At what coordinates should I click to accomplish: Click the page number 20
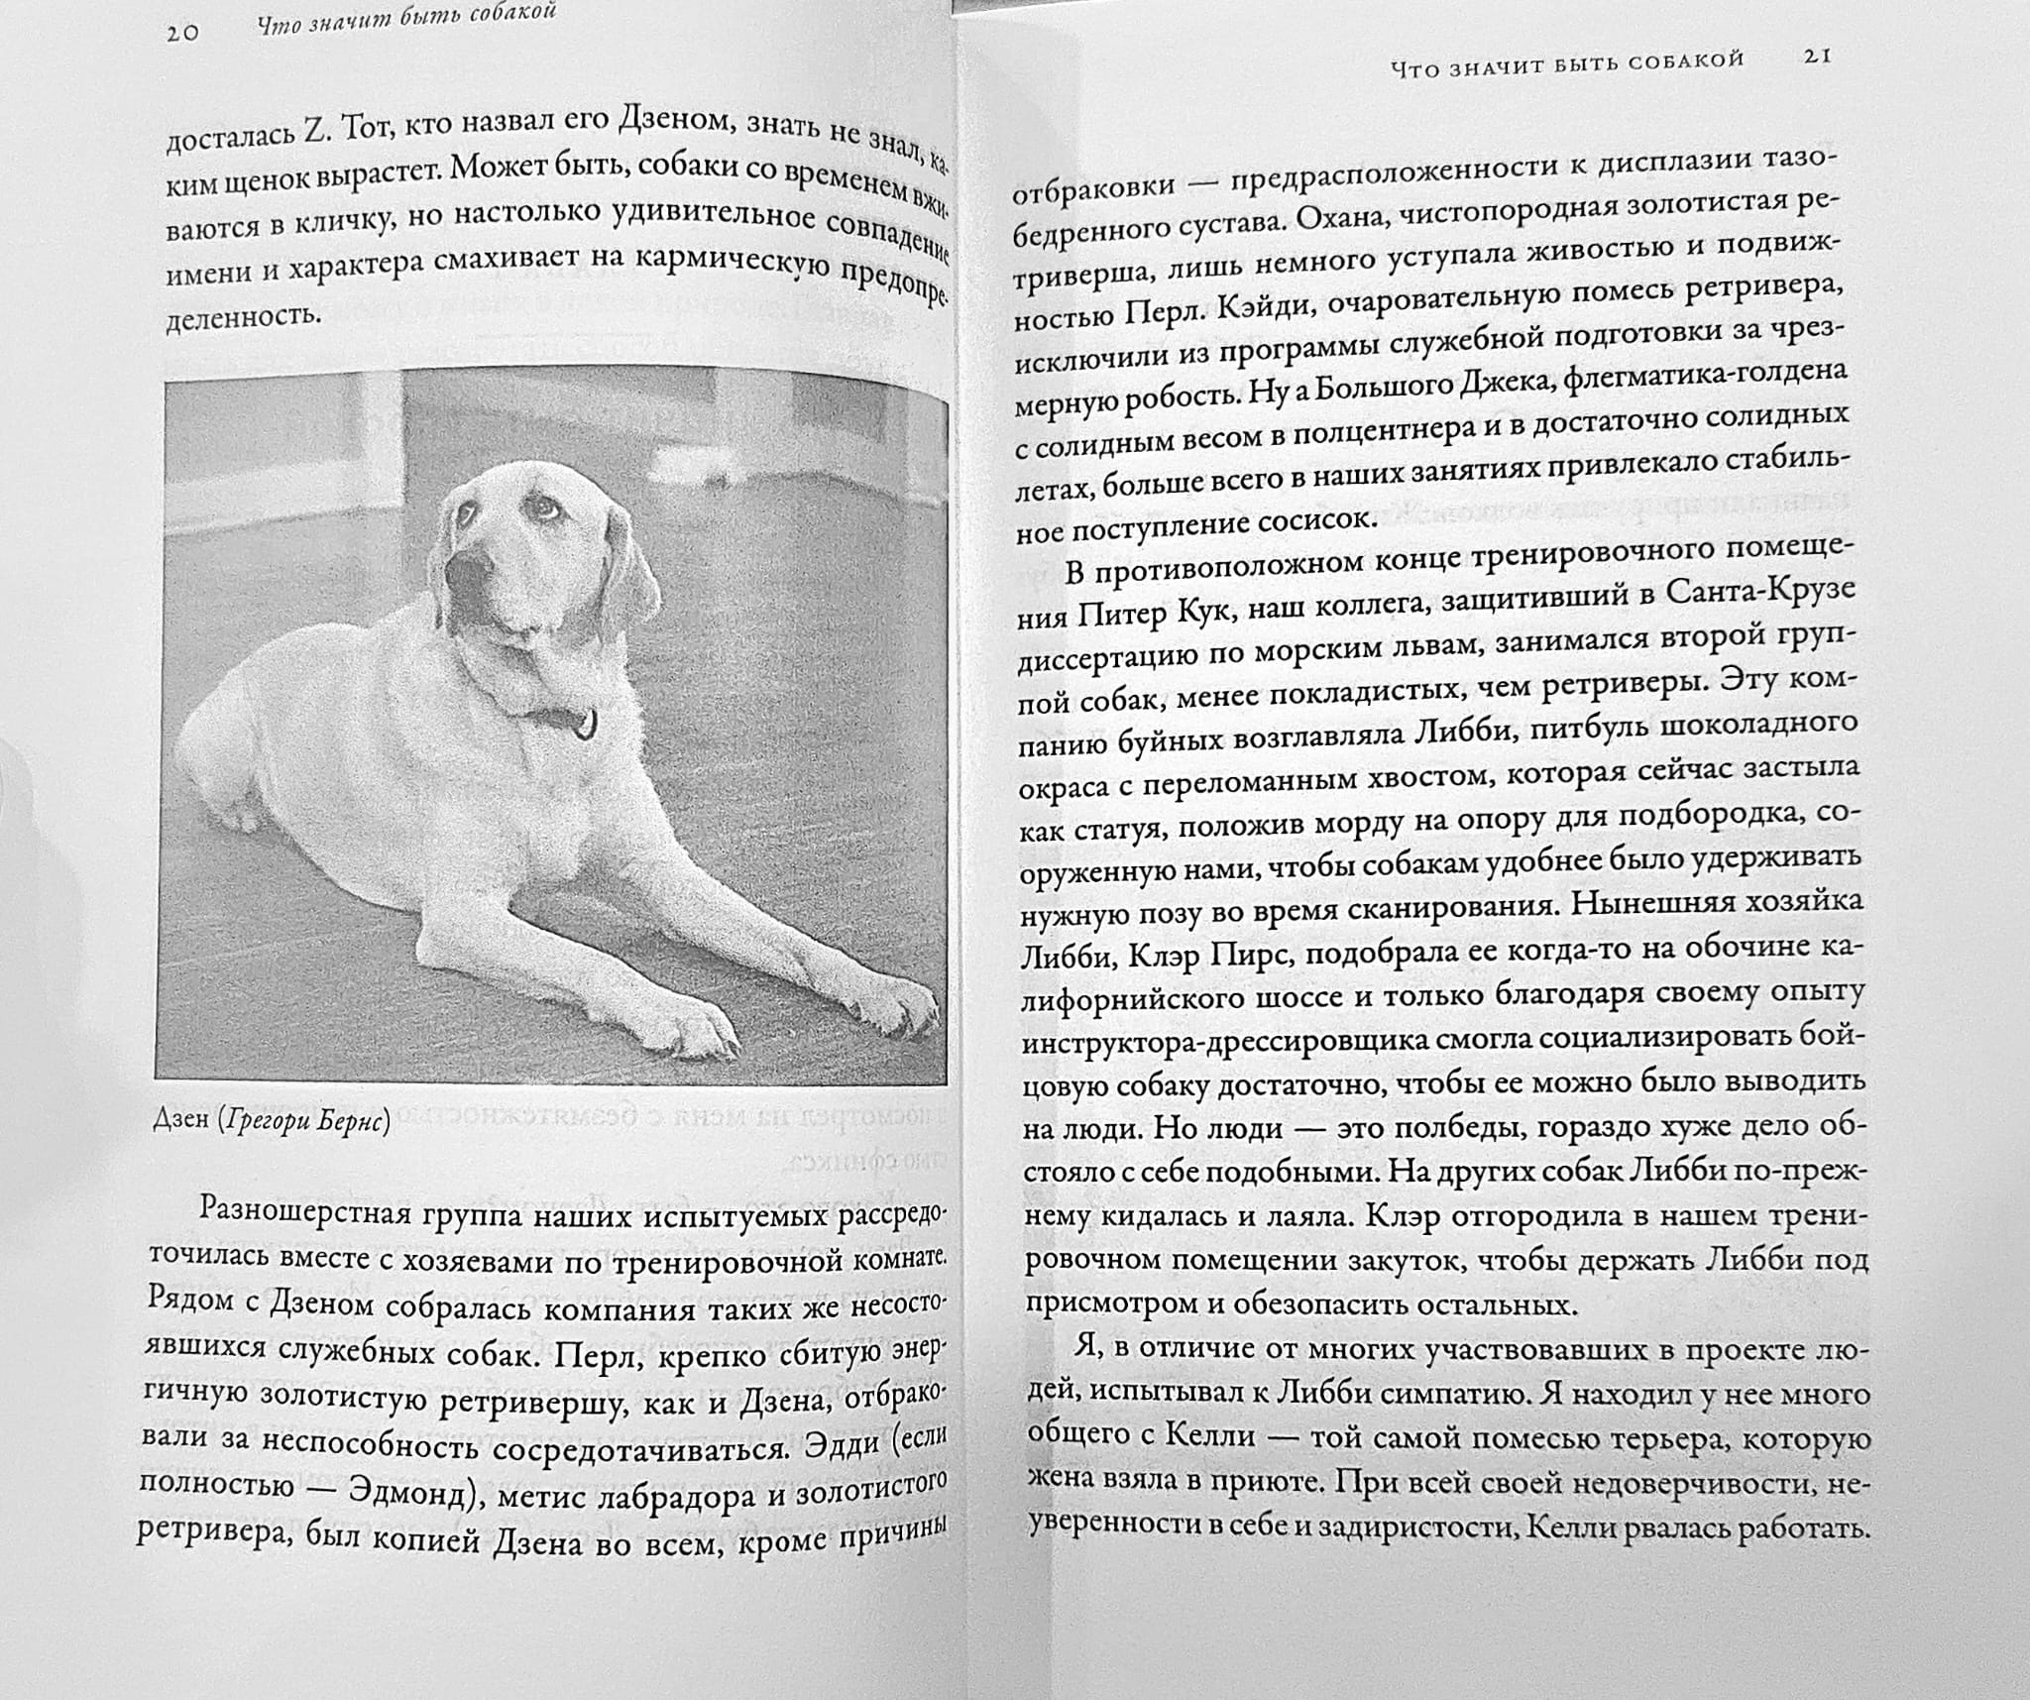click(182, 32)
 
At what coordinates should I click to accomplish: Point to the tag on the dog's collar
click(587, 724)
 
